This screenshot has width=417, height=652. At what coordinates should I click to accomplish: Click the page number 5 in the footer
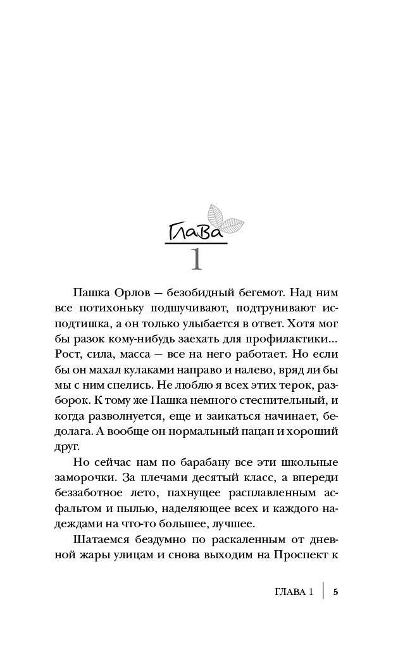pos(335,592)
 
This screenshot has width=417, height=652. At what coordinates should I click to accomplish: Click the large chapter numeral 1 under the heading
pos(197,258)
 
